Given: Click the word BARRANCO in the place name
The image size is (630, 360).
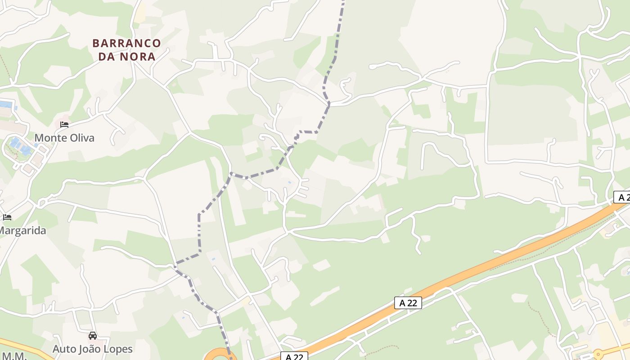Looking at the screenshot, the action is tap(126, 43).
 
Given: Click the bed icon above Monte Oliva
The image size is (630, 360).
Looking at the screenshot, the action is tap(64, 124).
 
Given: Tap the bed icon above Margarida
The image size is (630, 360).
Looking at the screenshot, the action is tap(7, 217).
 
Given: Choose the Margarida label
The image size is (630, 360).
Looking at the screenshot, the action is tap(22, 230).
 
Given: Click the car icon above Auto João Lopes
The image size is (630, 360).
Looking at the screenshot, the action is tap(93, 336).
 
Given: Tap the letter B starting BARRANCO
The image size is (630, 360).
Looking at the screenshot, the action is tap(95, 43).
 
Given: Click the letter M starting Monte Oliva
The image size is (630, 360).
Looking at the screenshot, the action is tap(39, 138).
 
